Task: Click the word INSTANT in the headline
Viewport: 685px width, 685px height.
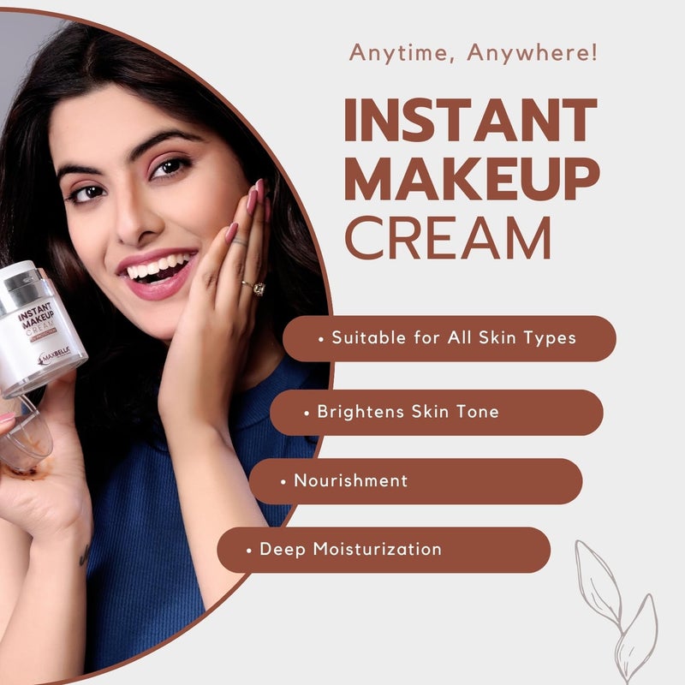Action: click(470, 121)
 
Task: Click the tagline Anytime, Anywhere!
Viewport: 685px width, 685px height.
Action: click(474, 53)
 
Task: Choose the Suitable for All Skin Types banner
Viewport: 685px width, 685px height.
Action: click(449, 338)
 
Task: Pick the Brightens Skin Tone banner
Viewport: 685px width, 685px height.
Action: click(436, 412)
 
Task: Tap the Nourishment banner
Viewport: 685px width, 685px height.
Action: click(417, 481)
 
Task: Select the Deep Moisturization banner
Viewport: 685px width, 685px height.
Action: click(383, 549)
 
